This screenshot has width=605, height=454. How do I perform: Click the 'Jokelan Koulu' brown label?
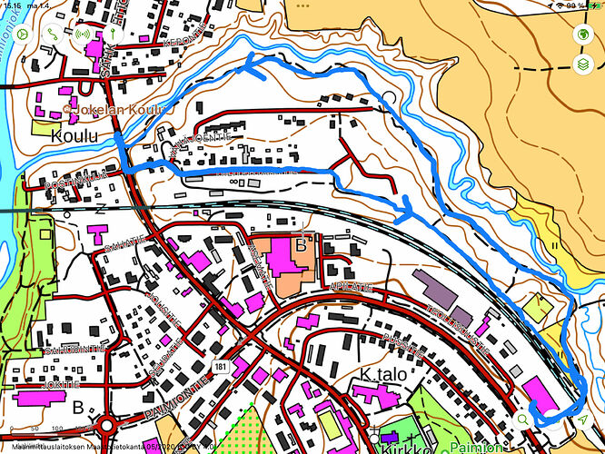point(110,111)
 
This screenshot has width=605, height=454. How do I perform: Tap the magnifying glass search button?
point(522,419)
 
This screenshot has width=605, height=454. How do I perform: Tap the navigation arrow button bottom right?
point(581,419)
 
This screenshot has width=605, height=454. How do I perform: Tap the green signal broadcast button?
point(82,34)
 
